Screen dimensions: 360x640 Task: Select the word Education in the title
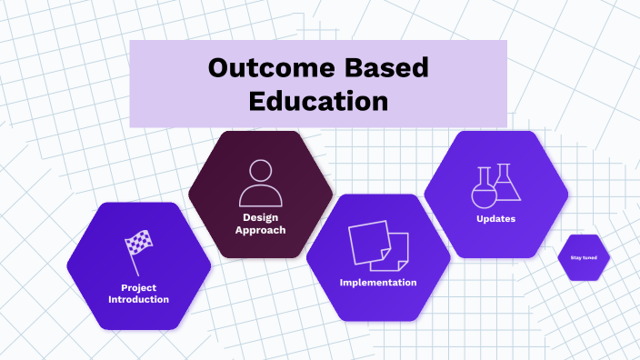tap(318, 100)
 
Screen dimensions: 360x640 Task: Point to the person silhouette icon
tap(260, 183)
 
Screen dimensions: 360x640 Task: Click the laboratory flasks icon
tap(496, 185)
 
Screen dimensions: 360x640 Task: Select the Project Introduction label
tap(138, 294)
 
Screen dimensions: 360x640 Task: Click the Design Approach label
tap(260, 224)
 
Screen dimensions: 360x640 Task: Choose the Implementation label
tap(378, 283)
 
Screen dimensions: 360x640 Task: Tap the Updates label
tap(496, 219)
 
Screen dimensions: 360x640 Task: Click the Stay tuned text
tap(584, 257)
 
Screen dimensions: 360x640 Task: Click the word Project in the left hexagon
tap(138, 288)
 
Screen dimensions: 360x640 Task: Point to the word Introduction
tap(138, 300)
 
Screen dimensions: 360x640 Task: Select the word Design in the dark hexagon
tap(260, 217)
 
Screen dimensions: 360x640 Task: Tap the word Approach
tap(260, 230)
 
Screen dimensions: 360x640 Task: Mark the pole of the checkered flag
tap(133, 264)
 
